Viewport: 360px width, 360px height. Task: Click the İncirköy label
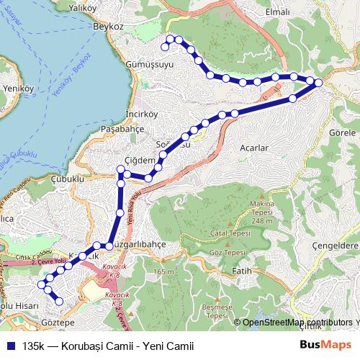[121, 114]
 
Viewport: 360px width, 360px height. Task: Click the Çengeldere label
[336, 246]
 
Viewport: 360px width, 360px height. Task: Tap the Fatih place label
[243, 271]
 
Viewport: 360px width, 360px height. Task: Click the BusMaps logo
[325, 345]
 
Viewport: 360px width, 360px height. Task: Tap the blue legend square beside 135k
[11, 346]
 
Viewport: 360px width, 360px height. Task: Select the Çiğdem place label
[140, 160]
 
